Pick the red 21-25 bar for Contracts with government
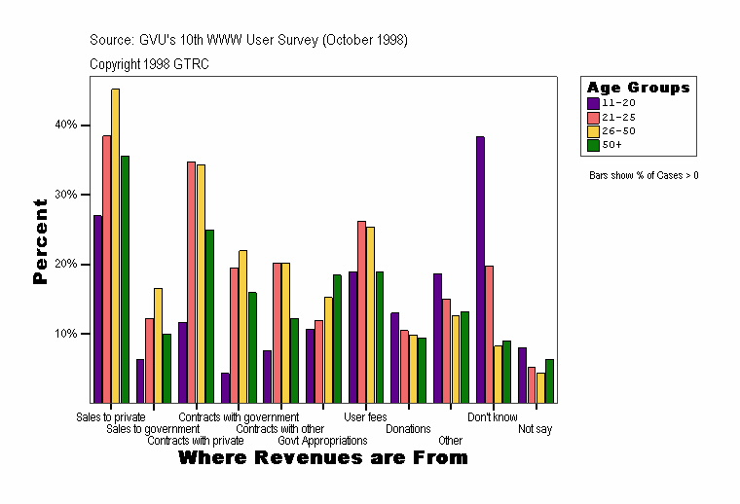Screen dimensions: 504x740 (x=192, y=282)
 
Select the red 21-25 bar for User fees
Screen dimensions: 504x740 (x=361, y=311)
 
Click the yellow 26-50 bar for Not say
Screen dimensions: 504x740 (x=540, y=387)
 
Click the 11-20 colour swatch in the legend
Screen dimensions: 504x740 (x=593, y=102)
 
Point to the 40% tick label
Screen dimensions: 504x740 (x=65, y=125)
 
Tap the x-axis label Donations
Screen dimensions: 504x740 (x=408, y=428)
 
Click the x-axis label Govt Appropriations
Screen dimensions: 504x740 (x=322, y=441)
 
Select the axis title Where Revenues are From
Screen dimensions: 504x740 (x=322, y=457)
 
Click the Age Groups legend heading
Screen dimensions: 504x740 (x=638, y=88)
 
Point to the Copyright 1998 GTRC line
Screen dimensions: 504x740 (x=149, y=64)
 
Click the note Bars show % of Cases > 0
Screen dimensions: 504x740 (x=644, y=175)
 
